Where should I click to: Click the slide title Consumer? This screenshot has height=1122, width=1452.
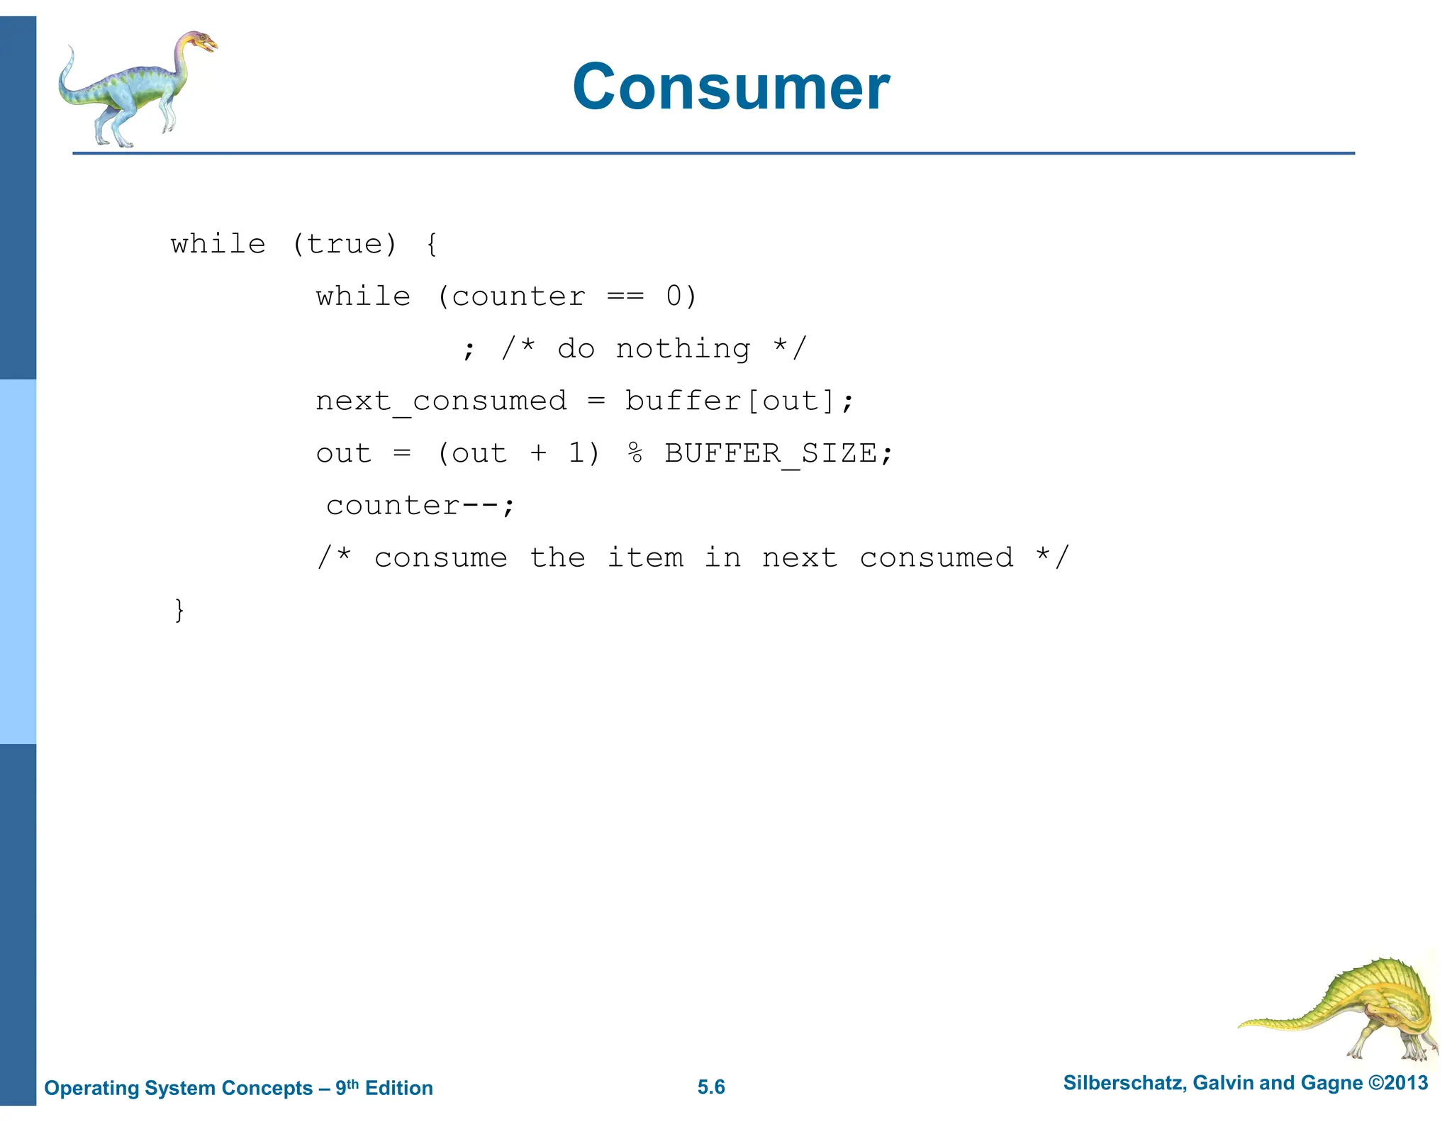(731, 87)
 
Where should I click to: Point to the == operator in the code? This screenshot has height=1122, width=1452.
(625, 296)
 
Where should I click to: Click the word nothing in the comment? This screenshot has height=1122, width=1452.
(683, 349)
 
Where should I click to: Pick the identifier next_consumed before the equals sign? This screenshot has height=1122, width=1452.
(441, 401)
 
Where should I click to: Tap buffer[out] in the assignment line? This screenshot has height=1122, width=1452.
(730, 401)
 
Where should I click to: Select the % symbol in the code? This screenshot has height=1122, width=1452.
(635, 453)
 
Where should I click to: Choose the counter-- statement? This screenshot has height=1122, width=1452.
(420, 506)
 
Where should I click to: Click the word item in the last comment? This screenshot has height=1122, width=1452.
(645, 558)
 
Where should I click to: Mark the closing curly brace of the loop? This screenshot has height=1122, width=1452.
(179, 610)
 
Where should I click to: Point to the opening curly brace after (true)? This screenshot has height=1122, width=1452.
(432, 245)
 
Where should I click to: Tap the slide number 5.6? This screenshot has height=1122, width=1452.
(711, 1087)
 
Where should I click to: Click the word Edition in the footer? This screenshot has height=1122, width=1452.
(398, 1088)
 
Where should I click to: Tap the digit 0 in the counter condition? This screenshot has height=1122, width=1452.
(674, 296)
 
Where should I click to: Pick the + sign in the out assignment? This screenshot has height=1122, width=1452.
(538, 453)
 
